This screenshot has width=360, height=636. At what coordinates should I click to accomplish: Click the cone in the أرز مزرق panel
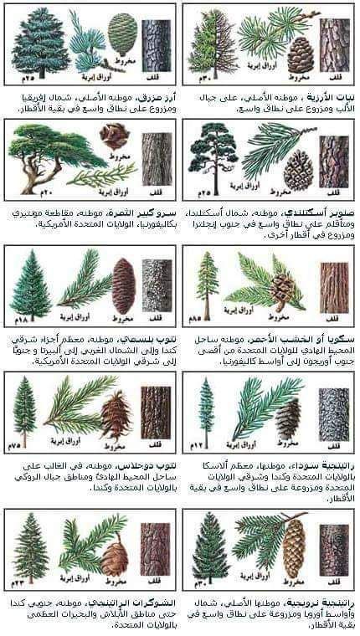pos(123,34)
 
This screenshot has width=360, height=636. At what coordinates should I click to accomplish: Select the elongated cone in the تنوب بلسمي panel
pos(123,285)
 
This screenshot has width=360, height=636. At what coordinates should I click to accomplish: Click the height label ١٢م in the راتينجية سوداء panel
pos(196,441)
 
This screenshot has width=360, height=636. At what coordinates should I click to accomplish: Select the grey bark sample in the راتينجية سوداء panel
pos(334,410)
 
